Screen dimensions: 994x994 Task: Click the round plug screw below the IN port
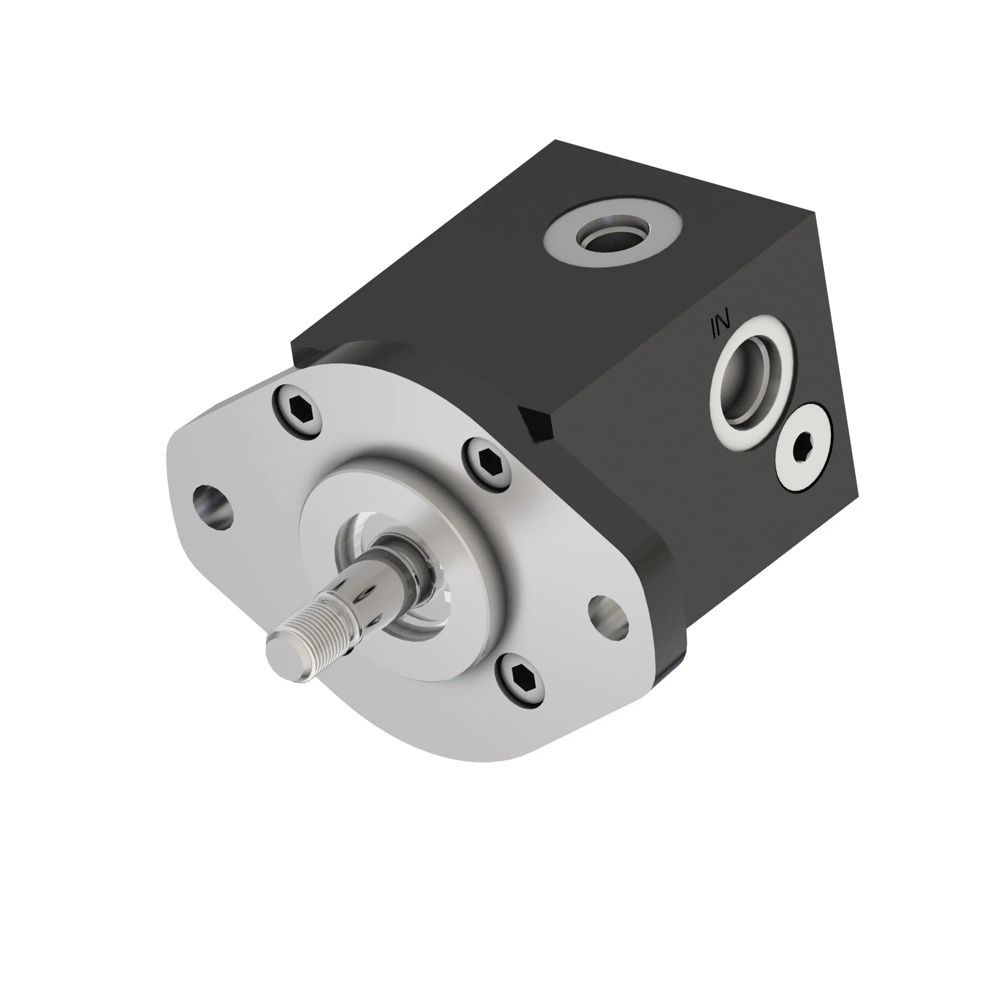804,447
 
